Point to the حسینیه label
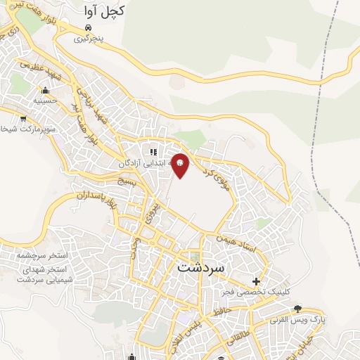(x=44, y=101)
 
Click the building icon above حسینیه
(x=45, y=90)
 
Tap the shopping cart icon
(x=24, y=118)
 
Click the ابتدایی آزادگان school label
(x=143, y=163)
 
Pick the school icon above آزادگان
(x=153, y=151)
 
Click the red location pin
(x=181, y=165)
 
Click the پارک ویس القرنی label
(x=327, y=319)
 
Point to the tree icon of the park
(x=297, y=308)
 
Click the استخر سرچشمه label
(x=46, y=258)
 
